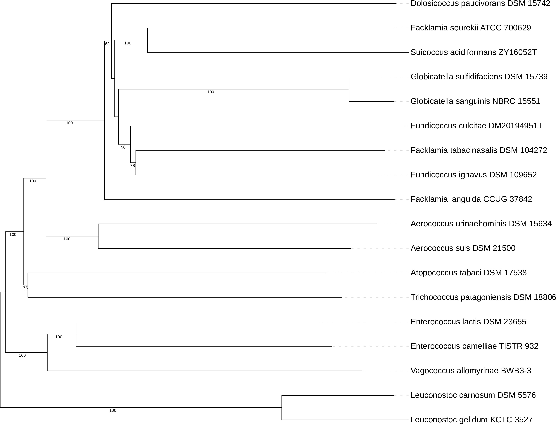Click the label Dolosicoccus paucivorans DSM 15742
480,4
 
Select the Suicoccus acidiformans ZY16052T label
474,53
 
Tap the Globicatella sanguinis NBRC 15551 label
475,101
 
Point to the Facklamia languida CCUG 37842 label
471,199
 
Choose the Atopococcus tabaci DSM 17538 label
468,273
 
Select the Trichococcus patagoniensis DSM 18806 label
483,297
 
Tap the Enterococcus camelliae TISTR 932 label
474,346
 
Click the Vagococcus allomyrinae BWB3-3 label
471,371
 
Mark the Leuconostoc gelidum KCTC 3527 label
472,420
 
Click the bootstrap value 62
107,44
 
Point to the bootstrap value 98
123,147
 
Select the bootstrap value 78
132,166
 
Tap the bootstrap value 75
25,288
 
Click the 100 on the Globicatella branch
210,92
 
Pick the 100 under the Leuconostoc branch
113,411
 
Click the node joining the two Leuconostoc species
282,407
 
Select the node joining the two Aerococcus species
98,236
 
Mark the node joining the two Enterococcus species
76,334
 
